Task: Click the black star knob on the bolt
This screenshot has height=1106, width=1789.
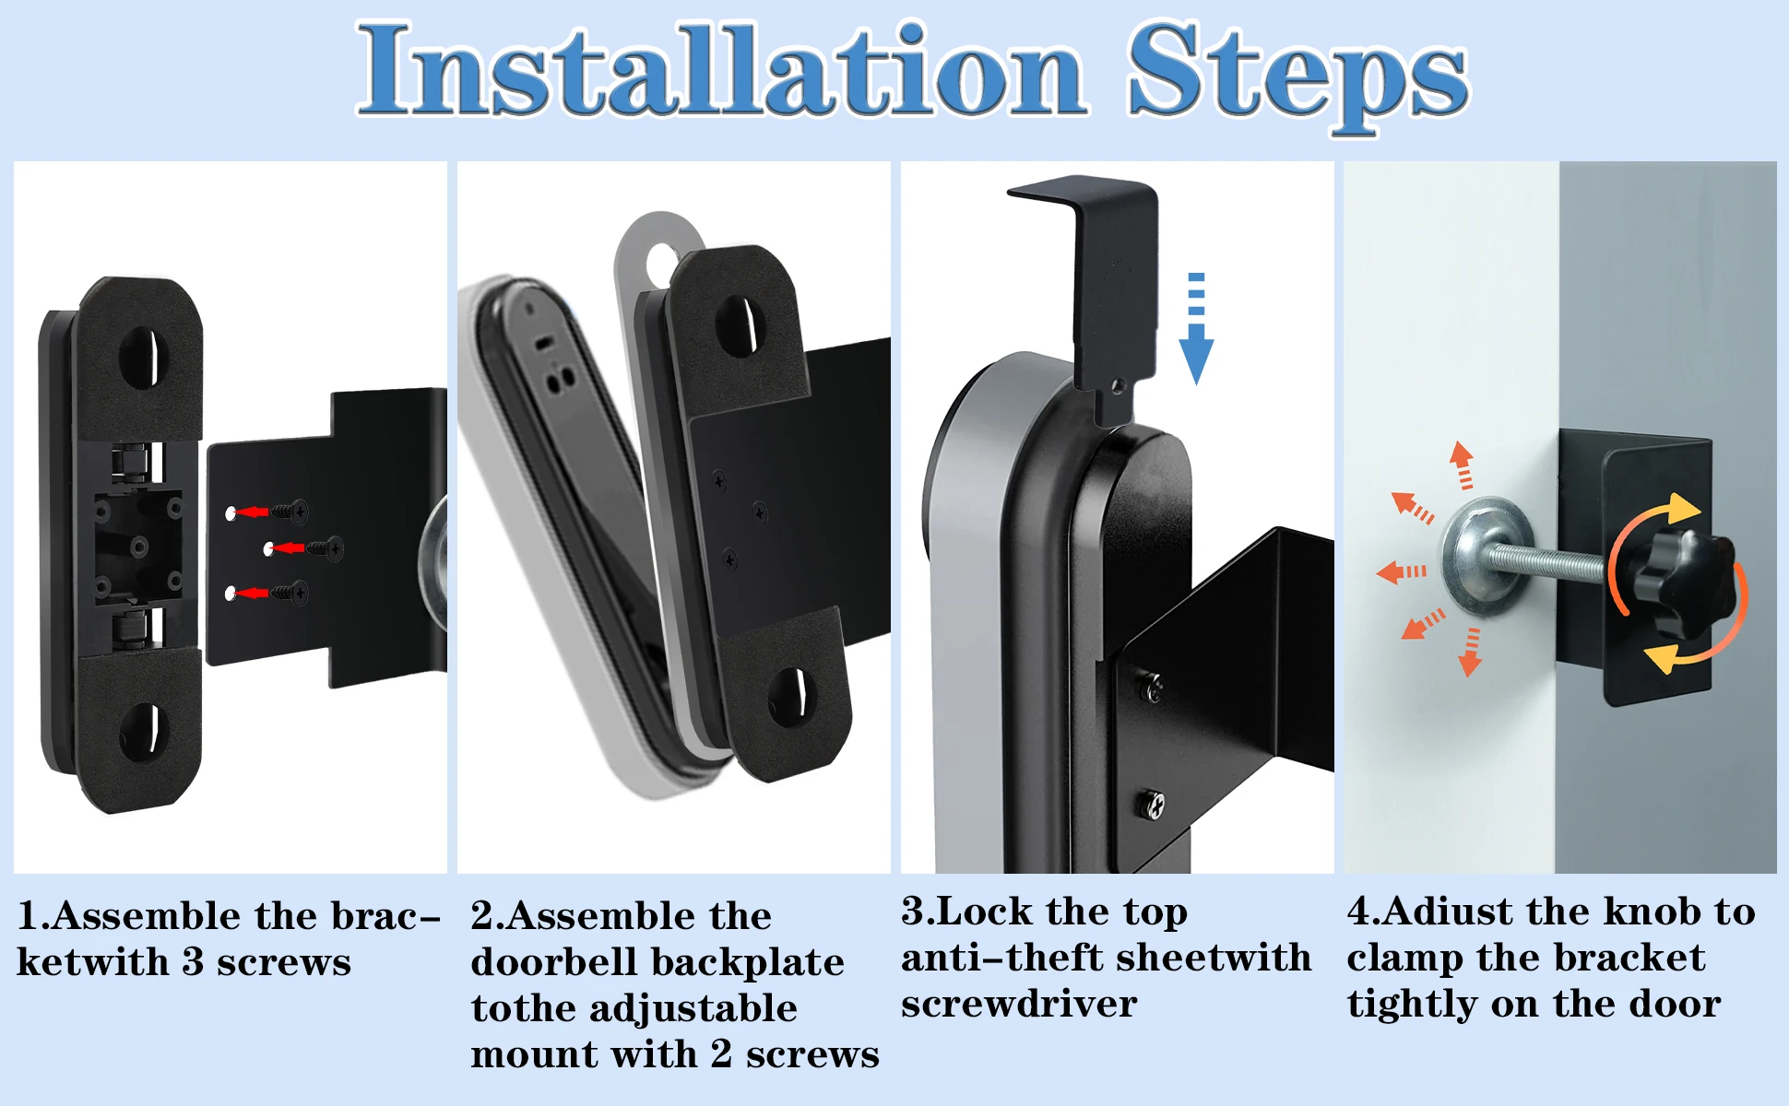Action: click(x=1679, y=582)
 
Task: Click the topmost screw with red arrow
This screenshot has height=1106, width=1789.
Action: click(x=292, y=511)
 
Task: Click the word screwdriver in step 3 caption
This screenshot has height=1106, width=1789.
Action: click(x=1018, y=1004)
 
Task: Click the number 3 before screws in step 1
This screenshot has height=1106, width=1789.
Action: click(x=193, y=962)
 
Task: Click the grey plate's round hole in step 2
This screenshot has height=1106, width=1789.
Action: click(x=662, y=263)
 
